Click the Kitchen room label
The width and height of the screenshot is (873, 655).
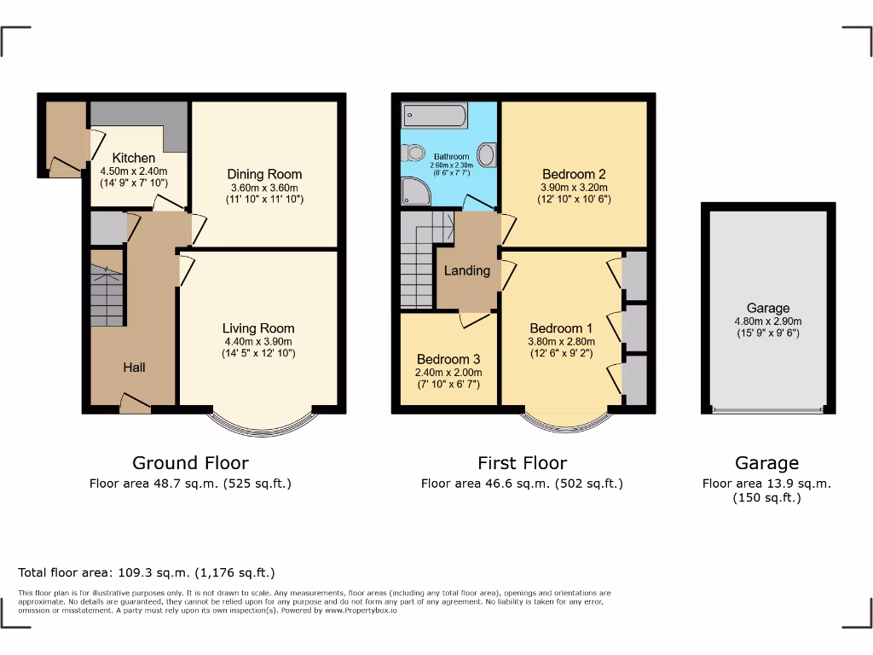(x=135, y=158)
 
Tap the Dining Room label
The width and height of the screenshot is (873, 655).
(x=265, y=174)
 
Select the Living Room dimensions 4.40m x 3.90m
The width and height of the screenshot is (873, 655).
(x=258, y=341)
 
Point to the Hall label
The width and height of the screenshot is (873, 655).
(x=134, y=368)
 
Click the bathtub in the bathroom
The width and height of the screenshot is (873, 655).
(x=435, y=115)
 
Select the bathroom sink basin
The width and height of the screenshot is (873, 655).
(x=487, y=154)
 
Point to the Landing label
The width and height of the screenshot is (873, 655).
(x=467, y=270)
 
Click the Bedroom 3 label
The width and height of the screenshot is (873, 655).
(x=442, y=359)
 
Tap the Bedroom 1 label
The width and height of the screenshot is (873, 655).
(x=561, y=328)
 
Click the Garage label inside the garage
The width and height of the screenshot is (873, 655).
(x=768, y=308)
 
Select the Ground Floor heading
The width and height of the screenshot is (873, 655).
(x=190, y=463)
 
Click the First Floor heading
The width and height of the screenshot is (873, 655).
(x=522, y=463)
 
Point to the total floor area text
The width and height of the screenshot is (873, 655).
(x=147, y=573)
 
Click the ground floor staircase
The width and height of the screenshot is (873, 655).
(x=107, y=294)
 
